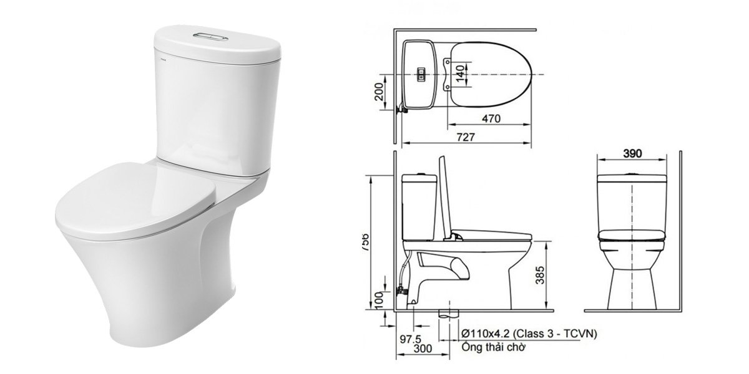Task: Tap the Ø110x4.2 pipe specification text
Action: pos(528,335)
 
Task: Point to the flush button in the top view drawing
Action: pos(421,74)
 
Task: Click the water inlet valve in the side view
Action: pos(401,290)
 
